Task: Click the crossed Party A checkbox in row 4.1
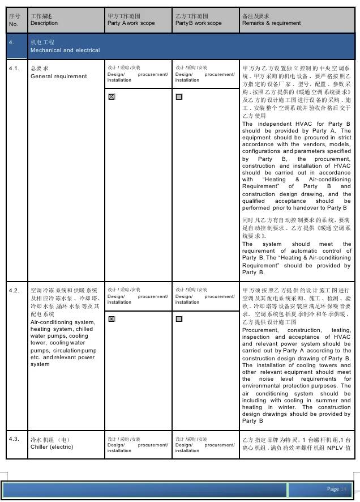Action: click(x=112, y=97)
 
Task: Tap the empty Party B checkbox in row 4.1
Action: click(x=179, y=97)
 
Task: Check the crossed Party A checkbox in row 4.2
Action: click(x=112, y=319)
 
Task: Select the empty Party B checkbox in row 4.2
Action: click(x=179, y=319)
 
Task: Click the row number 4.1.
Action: click(x=15, y=68)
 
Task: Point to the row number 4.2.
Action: click(x=15, y=290)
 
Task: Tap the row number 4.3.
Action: click(x=15, y=439)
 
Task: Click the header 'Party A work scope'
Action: click(x=131, y=23)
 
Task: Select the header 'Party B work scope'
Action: click(x=198, y=23)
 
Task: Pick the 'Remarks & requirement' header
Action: click(x=271, y=23)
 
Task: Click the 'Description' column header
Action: click(x=44, y=23)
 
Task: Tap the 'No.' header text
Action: click(x=14, y=24)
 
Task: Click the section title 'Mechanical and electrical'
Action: click(x=65, y=50)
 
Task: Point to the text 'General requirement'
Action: click(x=59, y=76)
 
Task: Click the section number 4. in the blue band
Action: click(x=12, y=42)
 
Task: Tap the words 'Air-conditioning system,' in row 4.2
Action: click(x=63, y=322)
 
